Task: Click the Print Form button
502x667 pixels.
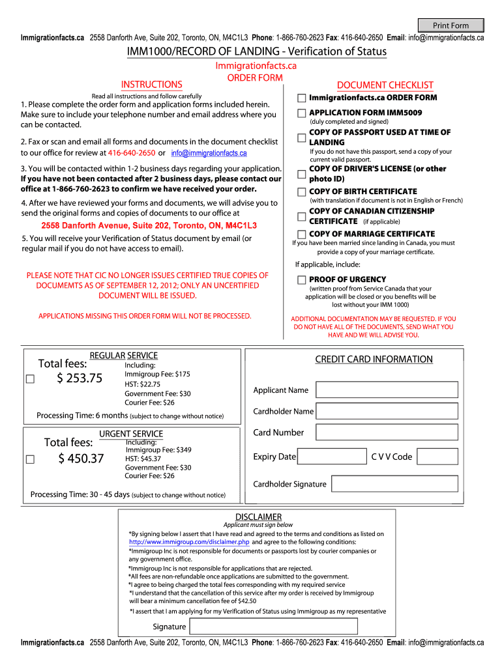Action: click(x=450, y=25)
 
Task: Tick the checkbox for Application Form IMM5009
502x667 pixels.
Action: click(x=301, y=113)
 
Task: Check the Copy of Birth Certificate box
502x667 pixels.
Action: click(x=301, y=192)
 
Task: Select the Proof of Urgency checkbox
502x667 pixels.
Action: click(x=301, y=279)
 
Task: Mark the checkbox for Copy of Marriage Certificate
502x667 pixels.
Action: click(x=301, y=234)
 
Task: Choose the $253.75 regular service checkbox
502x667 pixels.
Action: click(x=30, y=379)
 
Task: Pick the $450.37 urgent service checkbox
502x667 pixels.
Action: click(x=30, y=459)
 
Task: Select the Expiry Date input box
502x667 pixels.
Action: click(x=332, y=457)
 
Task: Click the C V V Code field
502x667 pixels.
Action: click(x=437, y=457)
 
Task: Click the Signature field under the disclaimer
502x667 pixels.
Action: click(x=273, y=627)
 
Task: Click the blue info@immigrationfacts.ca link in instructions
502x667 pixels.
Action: click(x=209, y=153)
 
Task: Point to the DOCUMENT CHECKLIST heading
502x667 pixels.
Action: click(x=385, y=85)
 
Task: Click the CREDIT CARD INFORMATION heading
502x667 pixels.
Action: click(x=374, y=360)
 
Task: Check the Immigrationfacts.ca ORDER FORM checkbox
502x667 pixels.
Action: click(x=301, y=98)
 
